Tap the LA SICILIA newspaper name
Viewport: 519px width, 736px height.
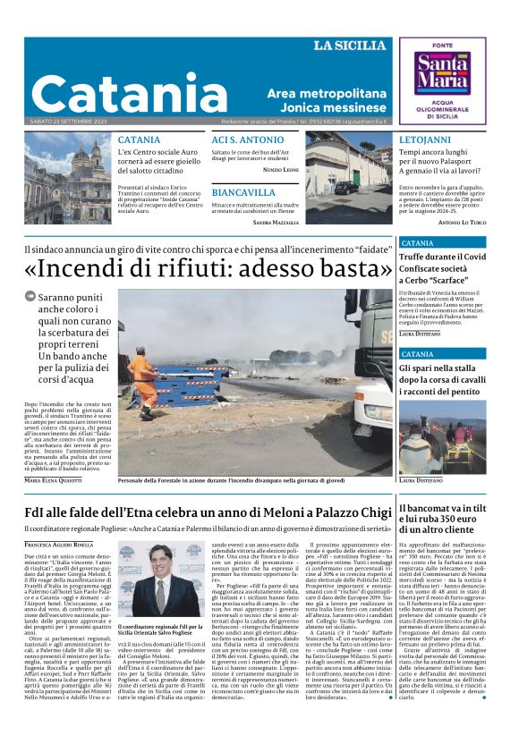[x=353, y=46]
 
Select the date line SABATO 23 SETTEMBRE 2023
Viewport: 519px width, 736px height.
[x=68, y=122]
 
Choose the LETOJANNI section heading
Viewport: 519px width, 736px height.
[x=425, y=140]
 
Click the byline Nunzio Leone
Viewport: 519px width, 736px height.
[x=281, y=169]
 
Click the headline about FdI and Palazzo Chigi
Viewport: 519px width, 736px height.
[x=208, y=512]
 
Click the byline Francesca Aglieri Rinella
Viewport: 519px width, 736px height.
[x=58, y=544]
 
